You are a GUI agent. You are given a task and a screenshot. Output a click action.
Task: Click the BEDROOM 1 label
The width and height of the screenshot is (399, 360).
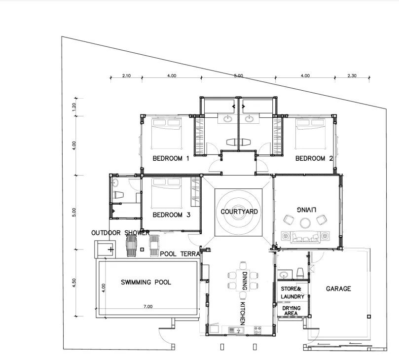(x=171, y=159)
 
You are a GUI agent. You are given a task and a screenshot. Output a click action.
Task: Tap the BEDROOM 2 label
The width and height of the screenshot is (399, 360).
(x=314, y=158)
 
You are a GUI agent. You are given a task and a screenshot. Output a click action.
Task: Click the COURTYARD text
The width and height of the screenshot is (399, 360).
(x=239, y=212)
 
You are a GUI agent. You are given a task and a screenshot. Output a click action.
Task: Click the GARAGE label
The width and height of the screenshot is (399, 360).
(x=338, y=289)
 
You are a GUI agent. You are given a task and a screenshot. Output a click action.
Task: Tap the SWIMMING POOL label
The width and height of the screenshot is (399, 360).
(x=146, y=283)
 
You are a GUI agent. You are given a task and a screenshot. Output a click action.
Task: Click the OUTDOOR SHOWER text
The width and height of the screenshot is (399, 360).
(x=120, y=233)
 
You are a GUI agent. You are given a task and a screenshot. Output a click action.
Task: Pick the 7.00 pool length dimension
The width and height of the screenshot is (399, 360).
(x=148, y=307)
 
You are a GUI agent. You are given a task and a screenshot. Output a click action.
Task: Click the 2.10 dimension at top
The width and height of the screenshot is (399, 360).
(x=126, y=76)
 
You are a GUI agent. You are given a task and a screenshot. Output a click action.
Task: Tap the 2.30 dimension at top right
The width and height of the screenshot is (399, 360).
(x=351, y=76)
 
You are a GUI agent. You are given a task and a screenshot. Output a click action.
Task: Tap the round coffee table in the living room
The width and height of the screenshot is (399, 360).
(x=305, y=223)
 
